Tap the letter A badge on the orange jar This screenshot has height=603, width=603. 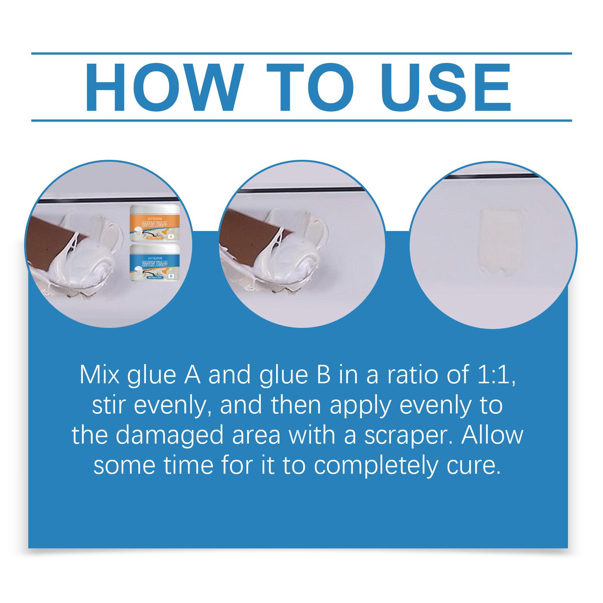click(x=170, y=237)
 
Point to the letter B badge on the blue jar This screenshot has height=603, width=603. click(x=171, y=276)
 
